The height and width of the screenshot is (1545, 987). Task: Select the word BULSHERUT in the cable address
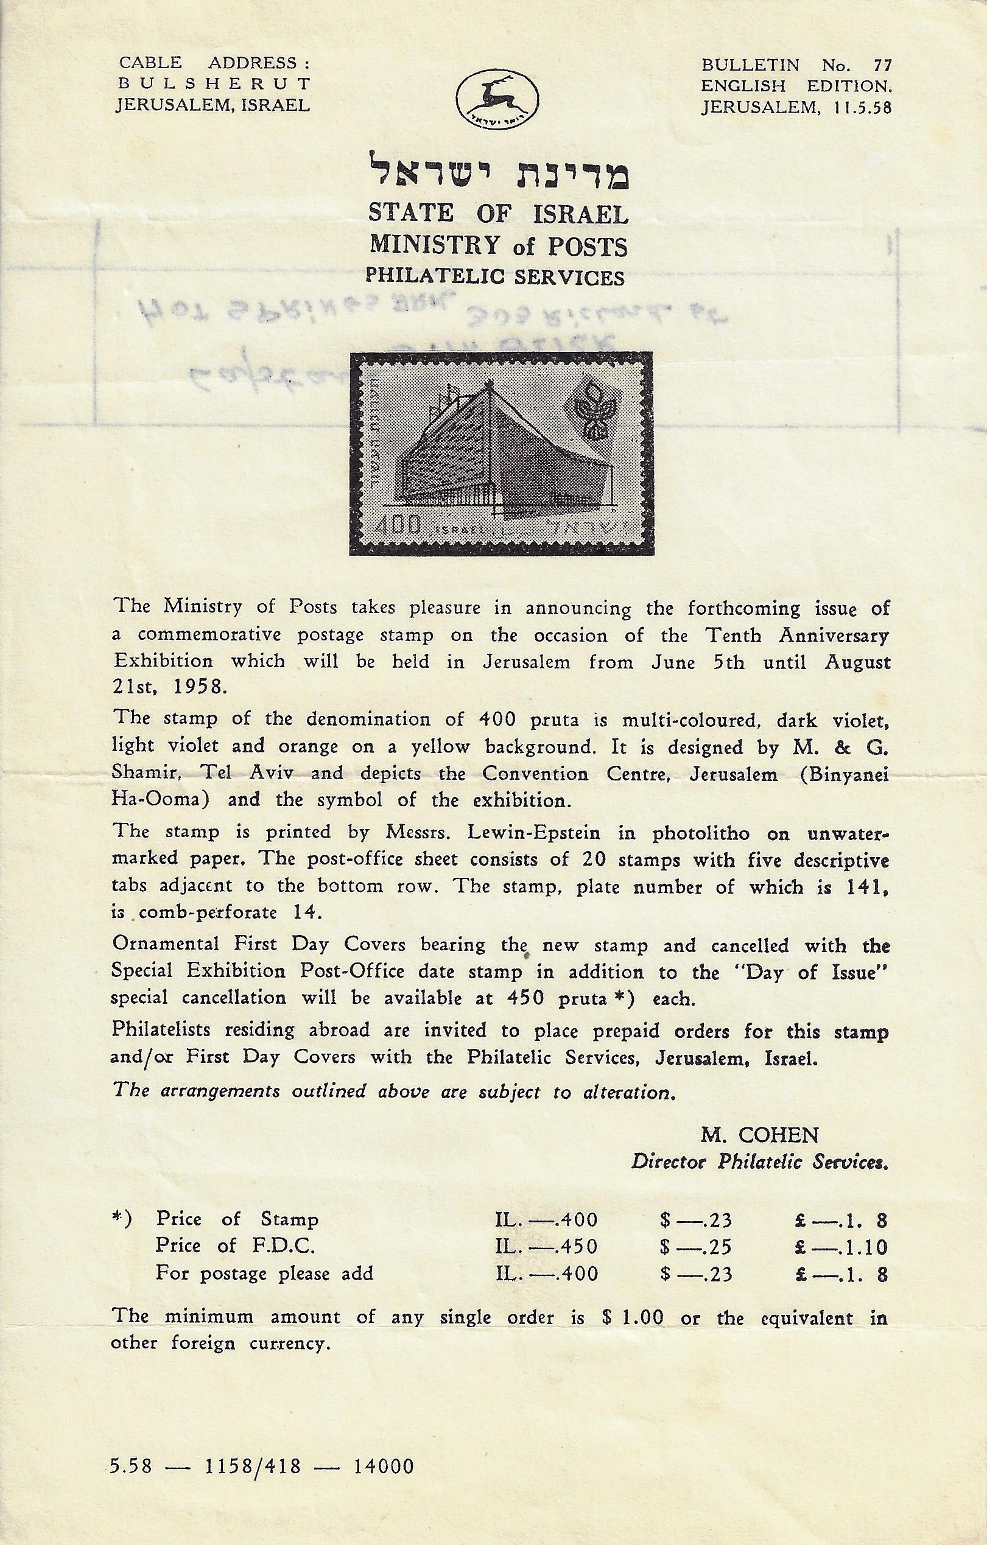(x=214, y=84)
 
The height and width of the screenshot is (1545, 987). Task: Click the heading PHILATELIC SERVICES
(x=495, y=277)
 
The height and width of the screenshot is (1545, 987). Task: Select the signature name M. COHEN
(x=759, y=1136)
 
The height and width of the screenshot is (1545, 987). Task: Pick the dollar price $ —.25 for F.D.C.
(x=695, y=1247)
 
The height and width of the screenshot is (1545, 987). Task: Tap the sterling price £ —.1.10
(x=841, y=1247)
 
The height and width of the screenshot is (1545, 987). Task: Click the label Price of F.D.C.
(x=235, y=1246)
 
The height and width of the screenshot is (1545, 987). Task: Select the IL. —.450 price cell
(x=547, y=1247)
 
